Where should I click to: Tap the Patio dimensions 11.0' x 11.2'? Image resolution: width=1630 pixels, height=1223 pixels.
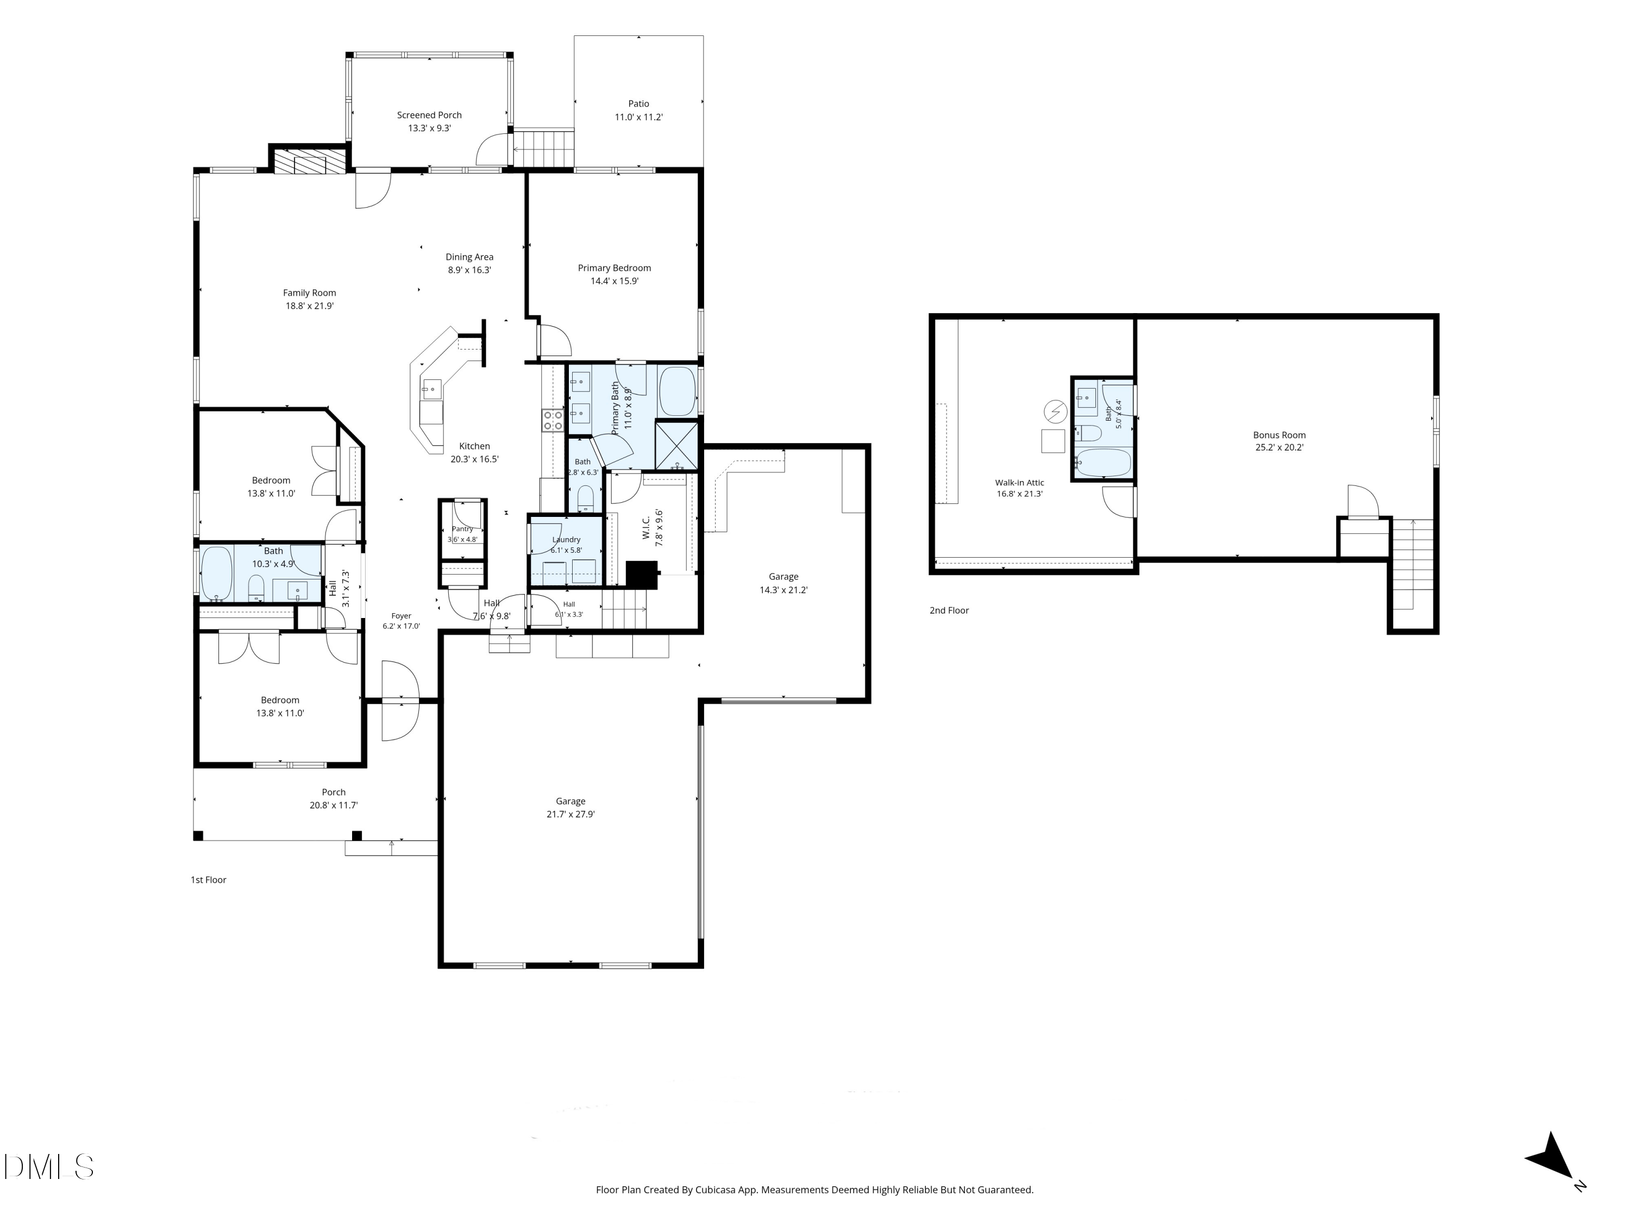[x=639, y=117]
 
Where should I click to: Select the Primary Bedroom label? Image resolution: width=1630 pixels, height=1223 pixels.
[x=614, y=269]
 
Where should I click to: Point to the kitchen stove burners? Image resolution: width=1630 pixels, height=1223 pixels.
[x=553, y=420]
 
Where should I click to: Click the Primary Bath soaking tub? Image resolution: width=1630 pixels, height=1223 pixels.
[x=676, y=391]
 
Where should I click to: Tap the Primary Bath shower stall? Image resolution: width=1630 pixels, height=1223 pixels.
[x=676, y=445]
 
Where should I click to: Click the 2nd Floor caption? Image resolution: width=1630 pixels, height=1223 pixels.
[x=949, y=610]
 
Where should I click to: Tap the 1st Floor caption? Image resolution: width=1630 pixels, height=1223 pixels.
[x=209, y=879]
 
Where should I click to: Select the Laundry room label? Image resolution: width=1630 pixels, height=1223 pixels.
[x=566, y=540]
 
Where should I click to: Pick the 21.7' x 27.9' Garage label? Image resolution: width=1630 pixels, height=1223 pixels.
[x=570, y=801]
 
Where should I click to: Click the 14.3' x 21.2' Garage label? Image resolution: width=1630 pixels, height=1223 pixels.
[x=783, y=577]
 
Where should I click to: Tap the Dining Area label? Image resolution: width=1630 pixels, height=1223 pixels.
[x=469, y=257]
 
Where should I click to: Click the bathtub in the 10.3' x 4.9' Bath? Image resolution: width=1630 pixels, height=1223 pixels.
[x=217, y=572]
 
